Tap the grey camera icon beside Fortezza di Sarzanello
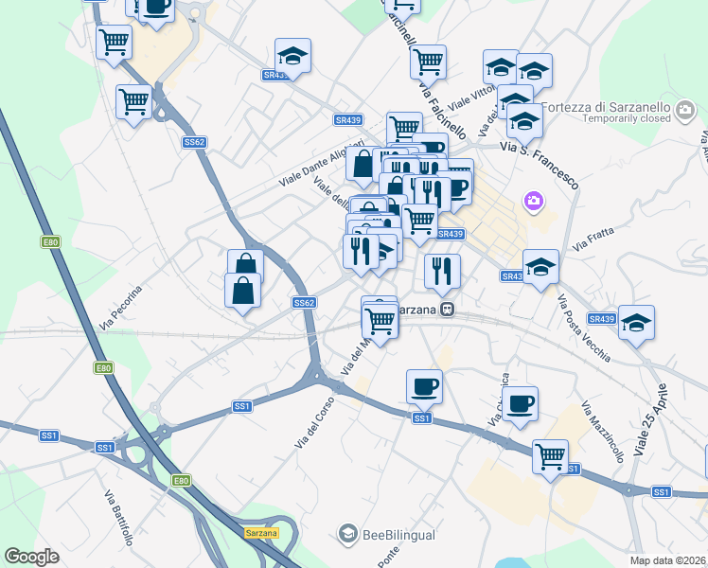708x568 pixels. [x=686, y=113]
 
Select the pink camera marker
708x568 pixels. [x=534, y=201]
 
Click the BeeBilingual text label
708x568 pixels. [x=398, y=535]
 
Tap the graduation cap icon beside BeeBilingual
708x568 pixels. [x=348, y=535]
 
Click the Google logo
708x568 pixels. [x=31, y=557]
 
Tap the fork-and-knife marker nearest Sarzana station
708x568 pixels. [x=442, y=271]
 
